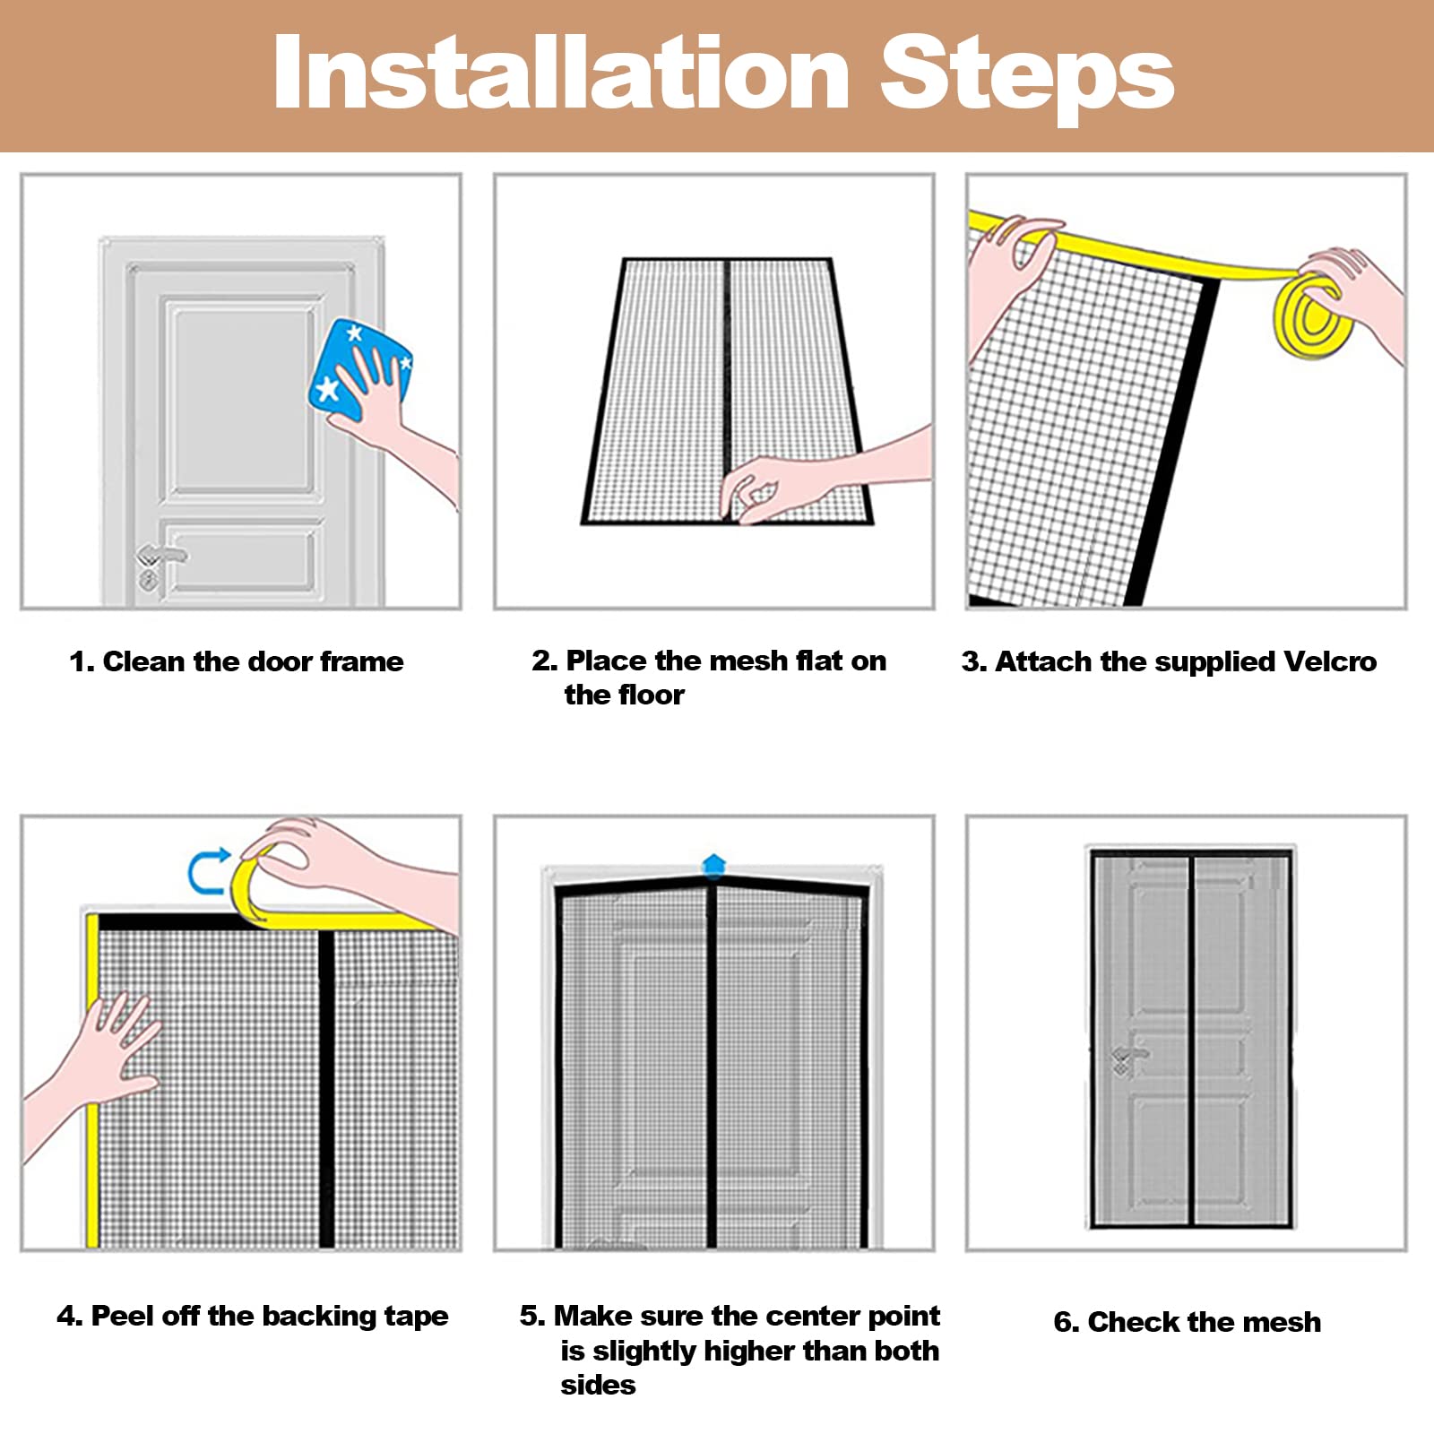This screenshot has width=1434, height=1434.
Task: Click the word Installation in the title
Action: tap(561, 73)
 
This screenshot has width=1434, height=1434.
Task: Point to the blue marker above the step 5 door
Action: tap(713, 865)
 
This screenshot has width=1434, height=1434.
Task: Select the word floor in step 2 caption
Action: tap(650, 695)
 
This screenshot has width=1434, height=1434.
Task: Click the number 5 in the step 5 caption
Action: tap(531, 1316)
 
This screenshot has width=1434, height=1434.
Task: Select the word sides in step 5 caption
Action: tap(598, 1385)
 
